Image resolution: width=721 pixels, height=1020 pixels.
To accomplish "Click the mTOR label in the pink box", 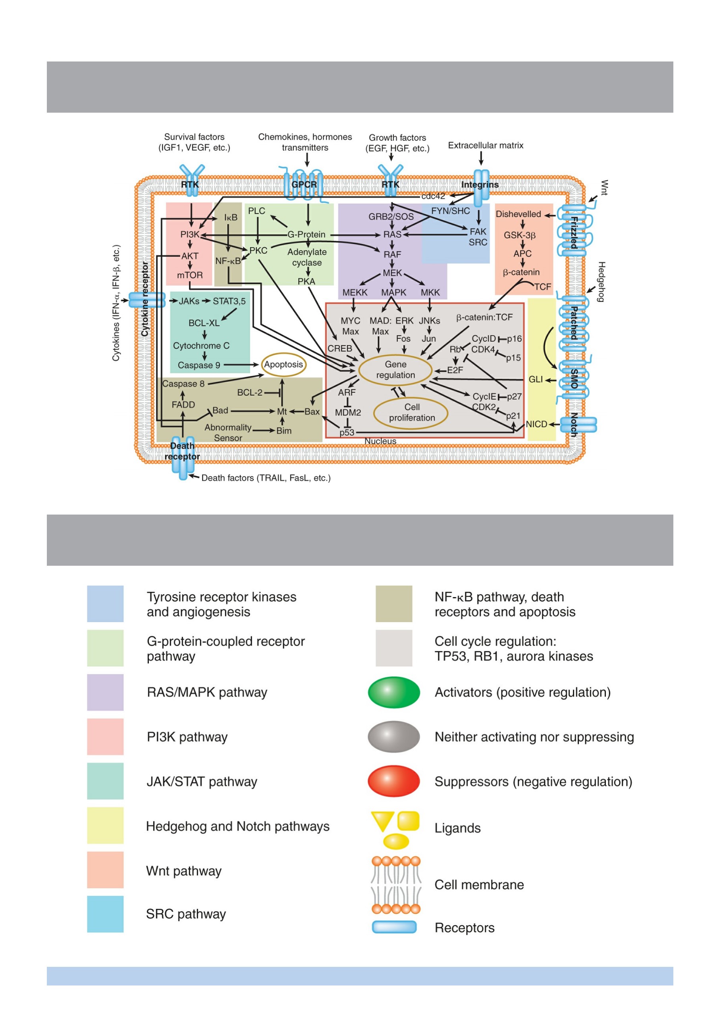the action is [x=190, y=275].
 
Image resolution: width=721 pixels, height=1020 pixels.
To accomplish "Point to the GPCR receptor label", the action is [x=305, y=184].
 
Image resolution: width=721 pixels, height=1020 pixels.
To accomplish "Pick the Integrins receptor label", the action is [x=480, y=184].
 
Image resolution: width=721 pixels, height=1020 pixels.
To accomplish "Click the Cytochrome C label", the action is [x=201, y=346].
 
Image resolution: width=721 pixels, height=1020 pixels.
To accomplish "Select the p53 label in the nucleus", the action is [x=347, y=433].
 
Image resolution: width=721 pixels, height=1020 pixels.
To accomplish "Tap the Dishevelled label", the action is [x=518, y=214].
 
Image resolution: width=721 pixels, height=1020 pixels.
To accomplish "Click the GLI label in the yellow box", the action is [x=535, y=379].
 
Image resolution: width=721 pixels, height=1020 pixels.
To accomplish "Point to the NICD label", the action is [x=536, y=424].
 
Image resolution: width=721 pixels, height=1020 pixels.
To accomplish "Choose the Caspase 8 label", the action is [x=183, y=384].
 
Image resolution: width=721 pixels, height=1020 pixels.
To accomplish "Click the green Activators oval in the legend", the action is [x=394, y=692].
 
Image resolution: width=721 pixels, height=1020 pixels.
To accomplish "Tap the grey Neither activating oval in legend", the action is [x=394, y=737].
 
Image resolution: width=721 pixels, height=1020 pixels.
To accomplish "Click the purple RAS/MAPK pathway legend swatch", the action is [x=105, y=692].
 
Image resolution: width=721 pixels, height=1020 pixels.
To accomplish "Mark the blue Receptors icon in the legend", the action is [x=394, y=927].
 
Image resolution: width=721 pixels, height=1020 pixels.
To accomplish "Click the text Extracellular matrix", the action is [x=486, y=145].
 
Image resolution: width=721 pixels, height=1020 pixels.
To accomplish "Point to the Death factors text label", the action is [x=266, y=478].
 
